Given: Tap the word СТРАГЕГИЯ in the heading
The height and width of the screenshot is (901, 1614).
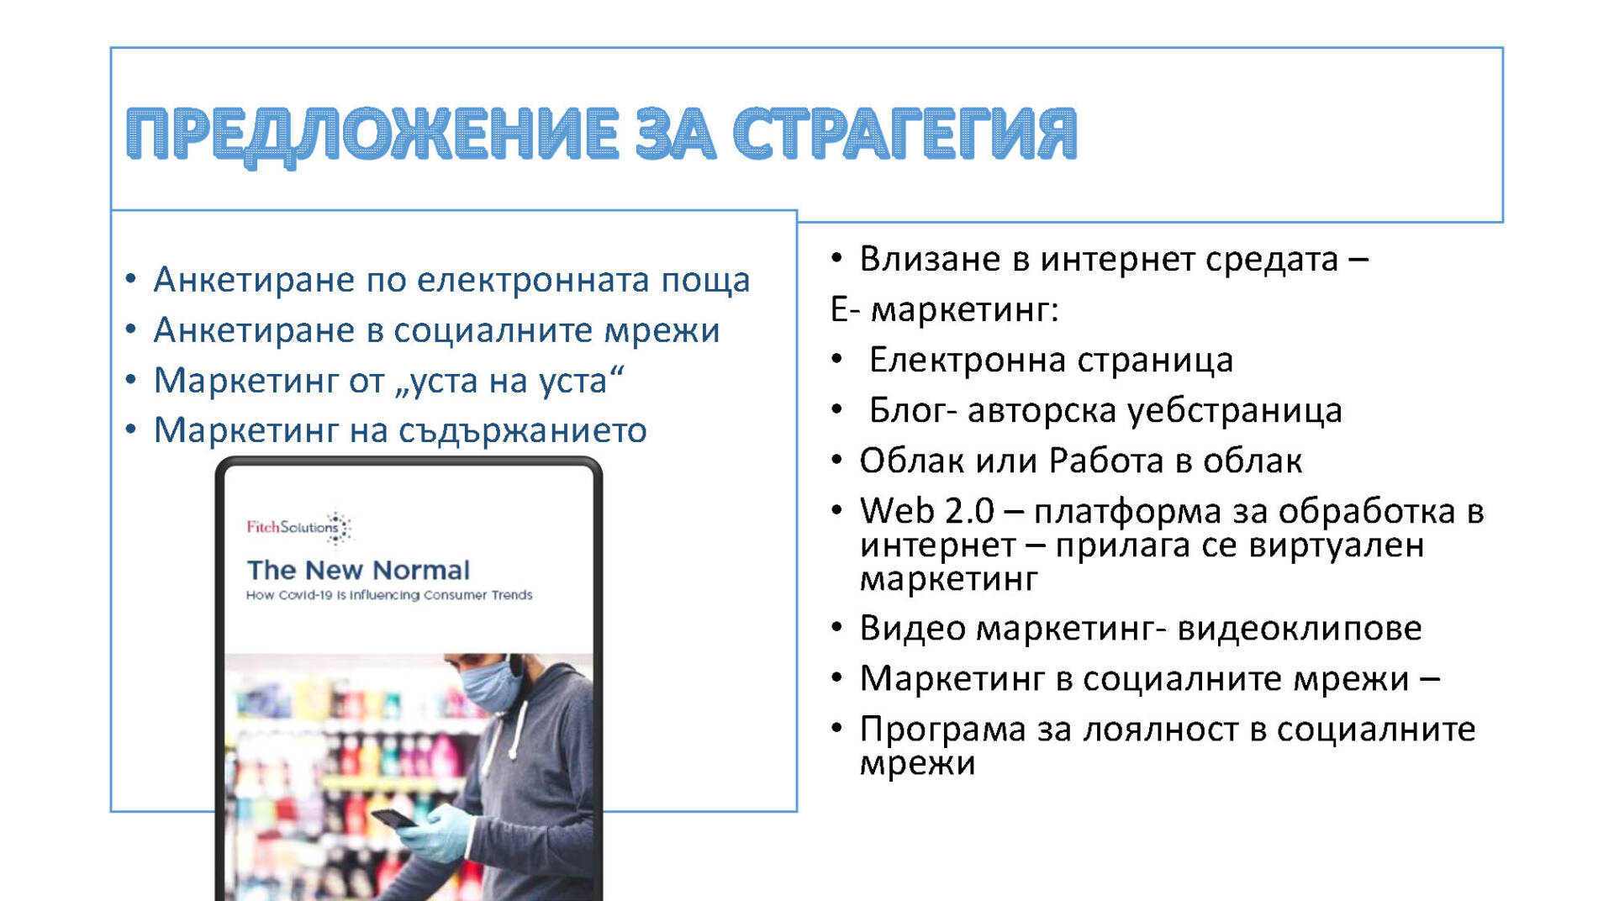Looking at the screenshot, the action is [905, 133].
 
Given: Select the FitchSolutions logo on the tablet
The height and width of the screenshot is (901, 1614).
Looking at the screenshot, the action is [299, 527].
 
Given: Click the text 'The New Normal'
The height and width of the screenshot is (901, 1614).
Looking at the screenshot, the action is [358, 570].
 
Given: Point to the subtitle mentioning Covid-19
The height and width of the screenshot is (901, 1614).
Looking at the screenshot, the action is [389, 595].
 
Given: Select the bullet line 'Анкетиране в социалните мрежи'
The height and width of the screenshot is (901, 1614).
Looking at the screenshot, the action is [436, 330].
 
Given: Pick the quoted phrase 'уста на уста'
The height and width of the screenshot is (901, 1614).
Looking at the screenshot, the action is [509, 381].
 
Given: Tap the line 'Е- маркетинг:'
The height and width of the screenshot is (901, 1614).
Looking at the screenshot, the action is [944, 310].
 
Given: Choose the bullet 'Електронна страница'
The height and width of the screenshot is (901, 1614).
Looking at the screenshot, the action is [1051, 361].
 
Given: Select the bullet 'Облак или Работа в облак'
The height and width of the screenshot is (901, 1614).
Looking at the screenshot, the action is [1080, 461].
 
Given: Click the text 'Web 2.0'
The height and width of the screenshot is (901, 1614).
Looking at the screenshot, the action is [926, 511].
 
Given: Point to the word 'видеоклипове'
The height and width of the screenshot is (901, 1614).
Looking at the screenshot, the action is [1300, 629].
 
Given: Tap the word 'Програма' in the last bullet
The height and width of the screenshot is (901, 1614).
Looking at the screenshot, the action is [942, 730].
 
